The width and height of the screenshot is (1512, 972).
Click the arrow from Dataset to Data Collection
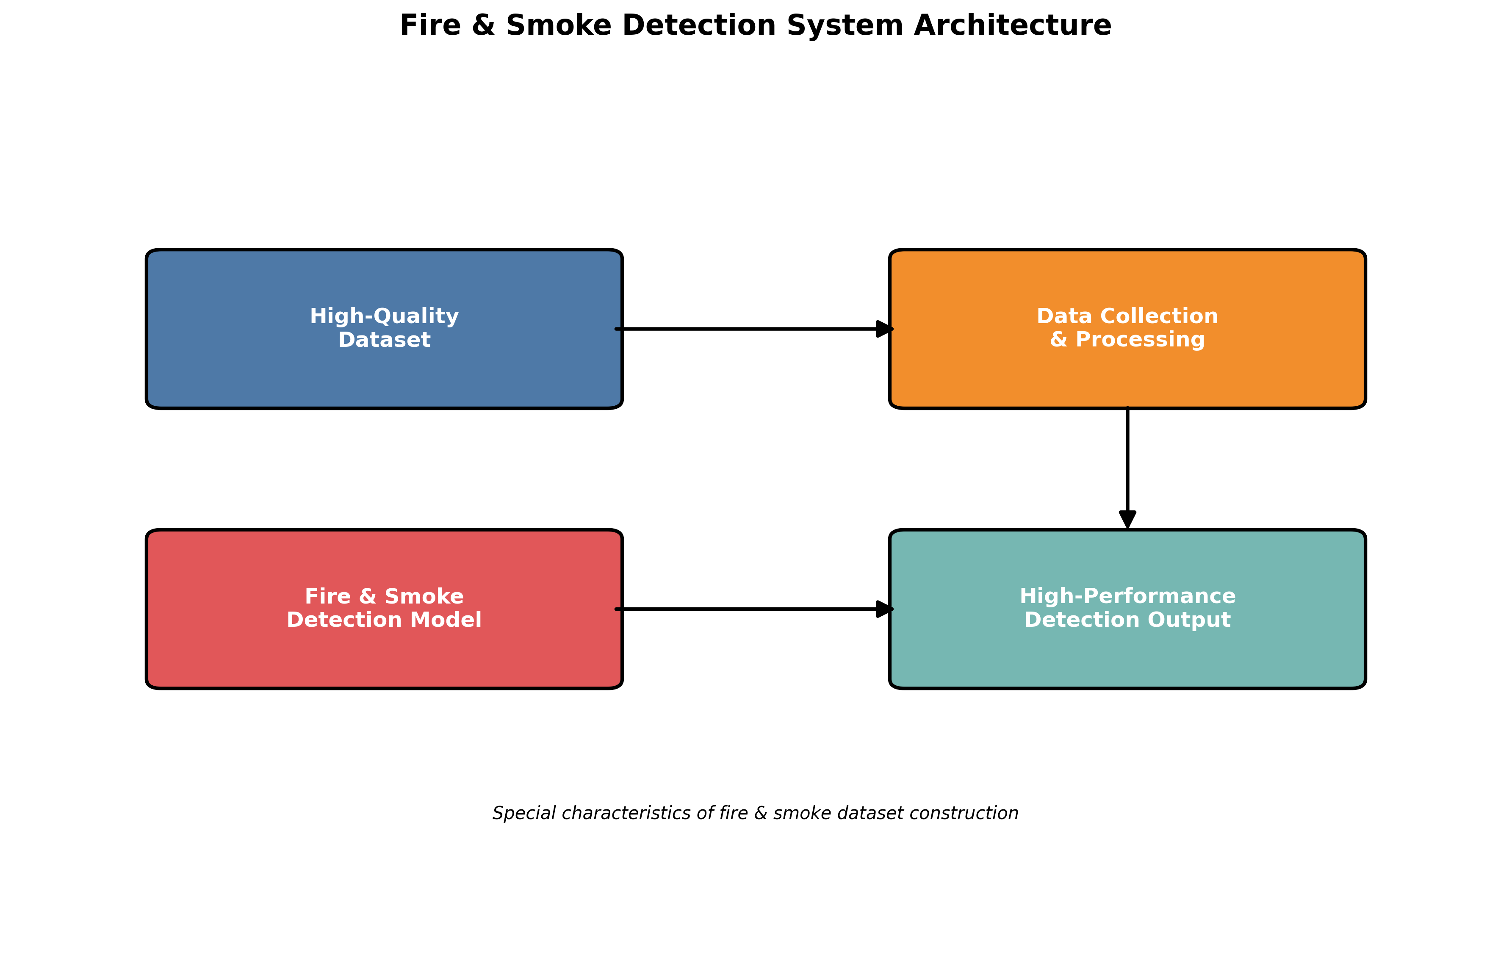tap(745, 329)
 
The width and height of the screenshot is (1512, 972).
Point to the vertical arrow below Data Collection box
tap(1127, 461)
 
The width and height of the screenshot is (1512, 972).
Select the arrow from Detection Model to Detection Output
tap(745, 609)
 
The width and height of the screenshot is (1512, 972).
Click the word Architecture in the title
tap(1012, 26)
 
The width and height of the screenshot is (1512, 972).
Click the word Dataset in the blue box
tap(384, 340)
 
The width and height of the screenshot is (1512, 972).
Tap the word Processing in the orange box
tap(1140, 340)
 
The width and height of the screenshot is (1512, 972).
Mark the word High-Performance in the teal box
tap(1127, 596)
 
